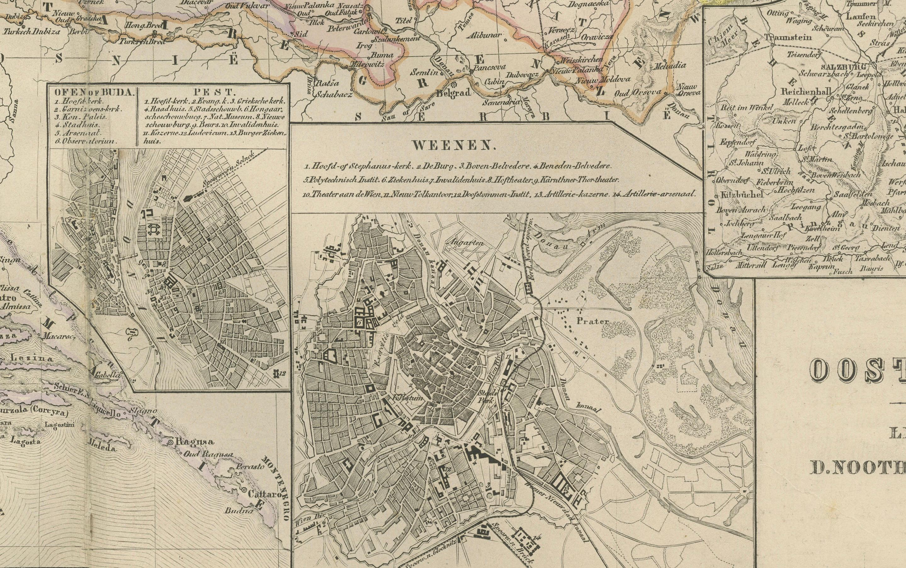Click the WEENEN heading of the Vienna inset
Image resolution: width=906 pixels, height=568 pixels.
[x=452, y=146]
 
